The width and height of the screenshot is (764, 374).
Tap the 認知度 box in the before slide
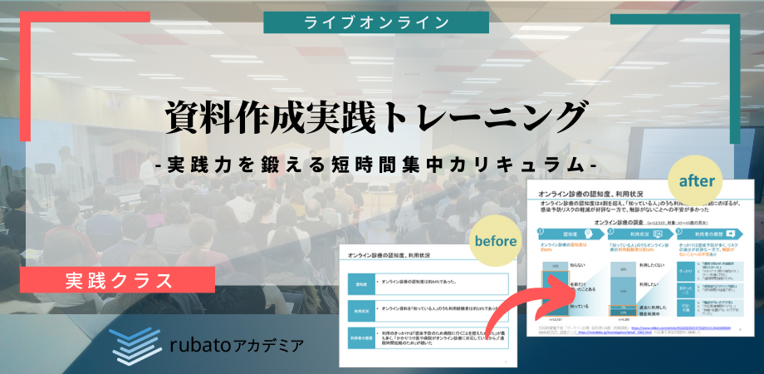pos(358,283)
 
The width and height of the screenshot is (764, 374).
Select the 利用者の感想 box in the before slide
pos(358,337)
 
